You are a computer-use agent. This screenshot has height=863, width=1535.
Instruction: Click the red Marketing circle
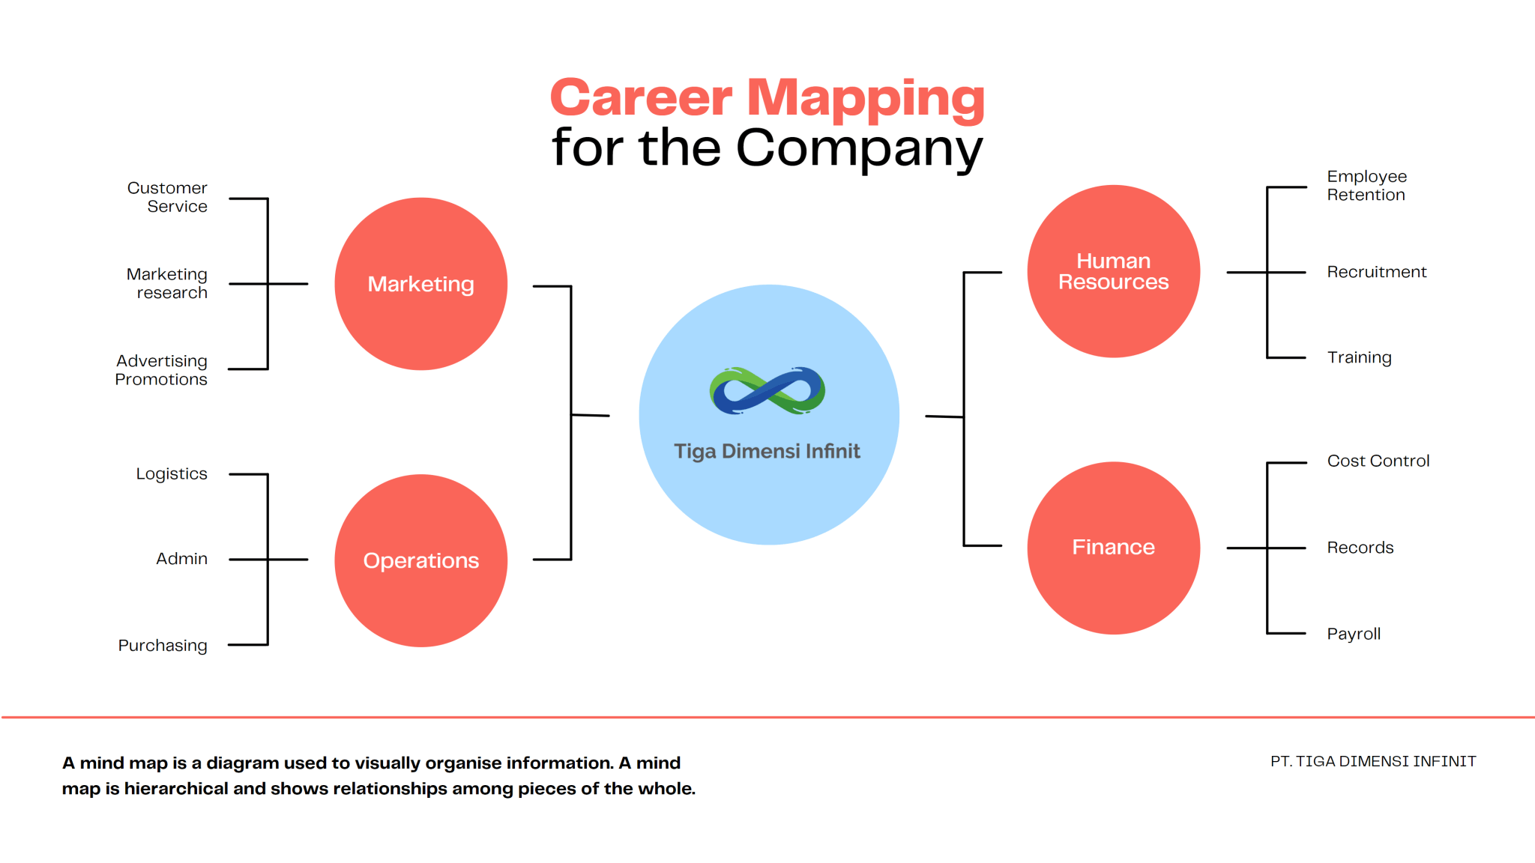[421, 284]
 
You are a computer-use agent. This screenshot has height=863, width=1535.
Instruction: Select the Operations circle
[421, 560]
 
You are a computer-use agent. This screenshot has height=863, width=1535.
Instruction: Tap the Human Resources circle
[1114, 271]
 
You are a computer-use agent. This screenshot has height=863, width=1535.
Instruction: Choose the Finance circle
[1114, 548]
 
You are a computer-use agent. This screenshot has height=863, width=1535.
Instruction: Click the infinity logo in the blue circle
[767, 390]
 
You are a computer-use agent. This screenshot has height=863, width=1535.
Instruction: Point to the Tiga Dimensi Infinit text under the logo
[767, 451]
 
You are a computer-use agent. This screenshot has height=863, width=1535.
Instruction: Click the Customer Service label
[167, 197]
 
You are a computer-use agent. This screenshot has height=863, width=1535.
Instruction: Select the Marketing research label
[167, 283]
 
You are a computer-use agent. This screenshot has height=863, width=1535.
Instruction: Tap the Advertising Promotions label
[161, 370]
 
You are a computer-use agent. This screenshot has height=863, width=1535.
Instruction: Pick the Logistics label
[172, 474]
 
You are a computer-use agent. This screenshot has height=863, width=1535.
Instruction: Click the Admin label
[181, 559]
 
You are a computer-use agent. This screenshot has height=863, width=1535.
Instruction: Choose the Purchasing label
[163, 646]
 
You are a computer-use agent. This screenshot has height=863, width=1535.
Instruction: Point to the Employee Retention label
[1367, 186]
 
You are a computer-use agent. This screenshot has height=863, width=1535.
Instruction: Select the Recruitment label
[1377, 272]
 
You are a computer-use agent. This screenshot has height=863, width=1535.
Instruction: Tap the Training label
[1359, 358]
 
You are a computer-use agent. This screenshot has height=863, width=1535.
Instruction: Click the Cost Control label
[1378, 461]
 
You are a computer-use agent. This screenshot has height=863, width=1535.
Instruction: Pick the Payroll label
[1354, 635]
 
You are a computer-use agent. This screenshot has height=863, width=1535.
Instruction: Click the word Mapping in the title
[866, 99]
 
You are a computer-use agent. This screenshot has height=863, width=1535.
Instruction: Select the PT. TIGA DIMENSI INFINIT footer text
[1373, 761]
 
